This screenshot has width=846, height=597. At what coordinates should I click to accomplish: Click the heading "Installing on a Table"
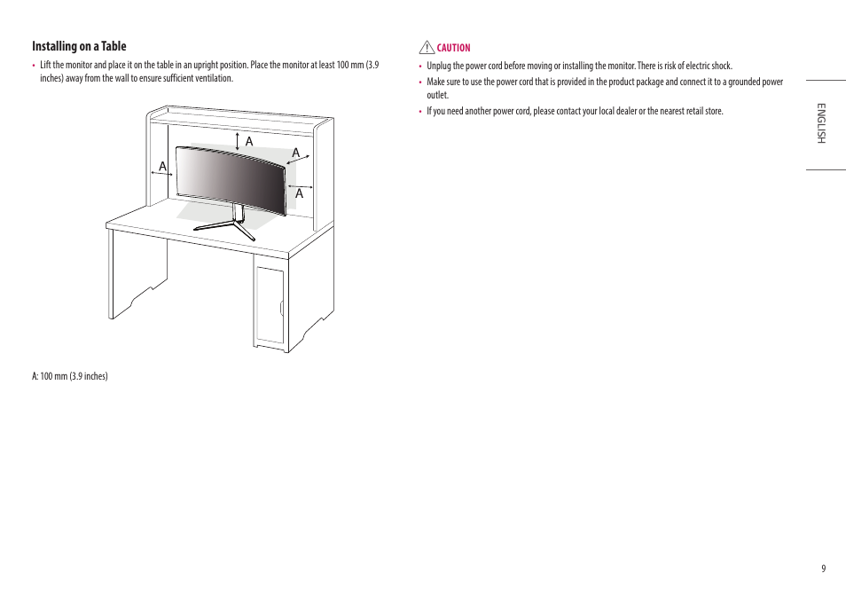click(80, 46)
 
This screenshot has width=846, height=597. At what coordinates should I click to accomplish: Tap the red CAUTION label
click(453, 48)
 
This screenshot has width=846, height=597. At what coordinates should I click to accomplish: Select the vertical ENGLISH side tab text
click(821, 123)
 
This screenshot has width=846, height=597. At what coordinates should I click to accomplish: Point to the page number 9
click(823, 569)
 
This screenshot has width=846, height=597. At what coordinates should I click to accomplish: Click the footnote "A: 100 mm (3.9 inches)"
click(70, 376)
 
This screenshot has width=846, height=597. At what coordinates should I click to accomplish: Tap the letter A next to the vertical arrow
click(249, 142)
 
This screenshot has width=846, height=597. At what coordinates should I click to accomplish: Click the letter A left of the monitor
click(163, 166)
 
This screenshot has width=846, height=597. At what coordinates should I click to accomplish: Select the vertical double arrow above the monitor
click(238, 140)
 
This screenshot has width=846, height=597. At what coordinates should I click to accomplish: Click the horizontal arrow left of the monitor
click(161, 175)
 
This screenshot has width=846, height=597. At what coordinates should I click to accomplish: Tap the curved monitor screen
click(231, 177)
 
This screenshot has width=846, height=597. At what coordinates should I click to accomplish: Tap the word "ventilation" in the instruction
click(213, 78)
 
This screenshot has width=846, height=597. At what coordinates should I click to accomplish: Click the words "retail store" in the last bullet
click(700, 111)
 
